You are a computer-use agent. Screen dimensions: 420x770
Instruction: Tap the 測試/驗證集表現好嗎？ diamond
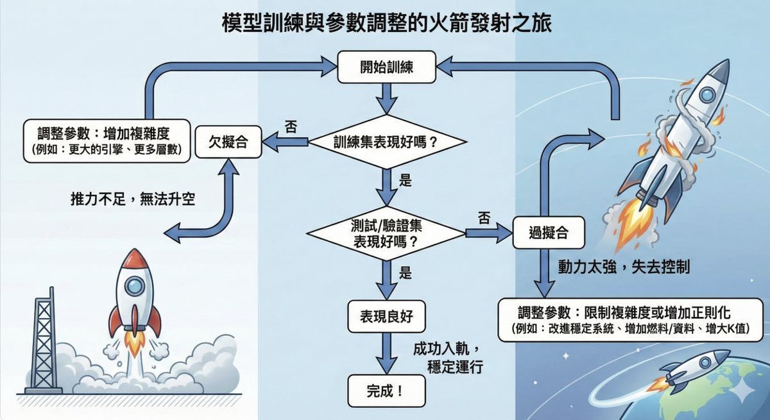coord(385,235)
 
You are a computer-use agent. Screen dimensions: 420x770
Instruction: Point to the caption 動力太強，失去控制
coord(623,266)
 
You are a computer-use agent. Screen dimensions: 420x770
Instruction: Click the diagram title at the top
coord(385,24)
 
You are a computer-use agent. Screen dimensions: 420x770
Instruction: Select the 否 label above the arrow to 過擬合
coord(484,218)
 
